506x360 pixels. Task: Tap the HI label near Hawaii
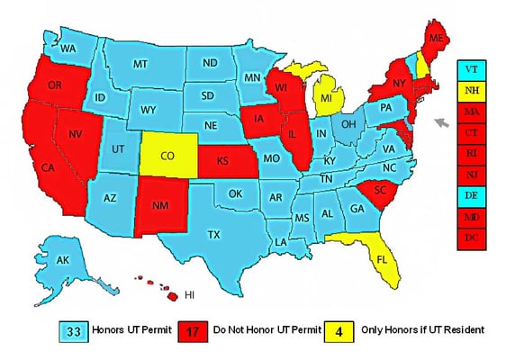(189, 294)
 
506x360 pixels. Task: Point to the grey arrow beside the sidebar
(441, 122)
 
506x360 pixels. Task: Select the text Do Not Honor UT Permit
(265, 330)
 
